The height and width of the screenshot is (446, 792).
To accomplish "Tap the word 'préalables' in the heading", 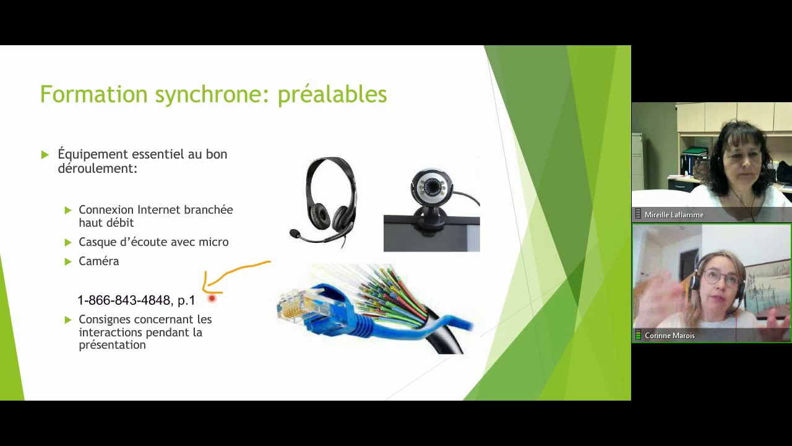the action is point(332,95).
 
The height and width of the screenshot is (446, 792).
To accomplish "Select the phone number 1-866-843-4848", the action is point(124,300).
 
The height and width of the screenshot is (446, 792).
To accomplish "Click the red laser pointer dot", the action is point(212,299).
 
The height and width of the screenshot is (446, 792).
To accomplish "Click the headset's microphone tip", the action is point(294,234).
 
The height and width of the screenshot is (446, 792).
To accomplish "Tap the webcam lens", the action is point(431,186).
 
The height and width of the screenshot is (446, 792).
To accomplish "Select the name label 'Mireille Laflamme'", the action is point(674,215).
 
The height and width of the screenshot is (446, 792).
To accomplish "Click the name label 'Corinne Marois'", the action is point(669,336).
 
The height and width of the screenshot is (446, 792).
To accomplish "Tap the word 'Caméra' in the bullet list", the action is point(98,261).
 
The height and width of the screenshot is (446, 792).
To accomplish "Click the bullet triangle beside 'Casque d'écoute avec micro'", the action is point(68,242).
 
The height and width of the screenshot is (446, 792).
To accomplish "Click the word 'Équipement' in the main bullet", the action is point(93,154).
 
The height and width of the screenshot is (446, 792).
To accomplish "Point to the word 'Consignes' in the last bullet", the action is point(105,320).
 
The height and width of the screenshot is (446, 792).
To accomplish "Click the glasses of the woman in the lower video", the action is point(721,277).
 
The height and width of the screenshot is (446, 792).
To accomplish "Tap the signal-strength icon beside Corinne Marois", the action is point(638,334).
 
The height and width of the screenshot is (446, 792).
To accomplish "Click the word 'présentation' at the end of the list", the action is point(112,345).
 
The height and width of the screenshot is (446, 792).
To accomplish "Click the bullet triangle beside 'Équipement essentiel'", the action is point(45,155).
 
